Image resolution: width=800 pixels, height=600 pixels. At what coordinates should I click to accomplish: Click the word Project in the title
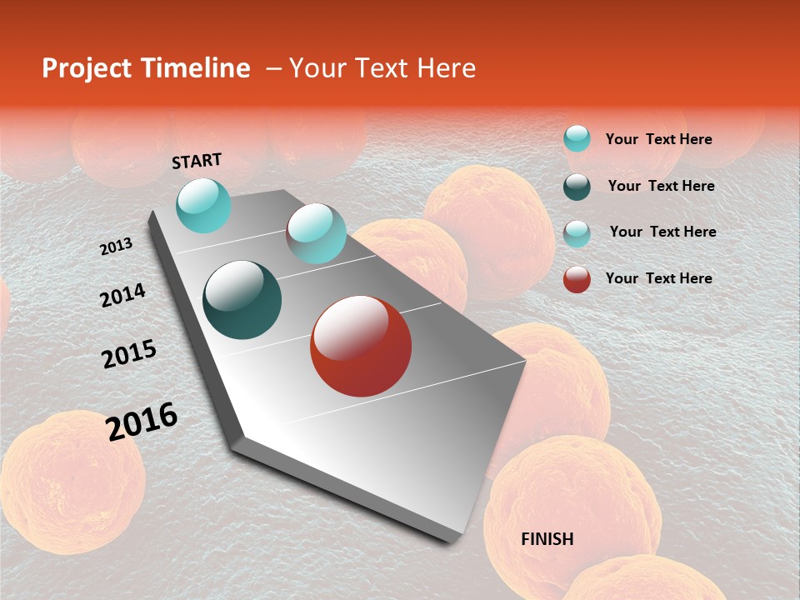pos(84,68)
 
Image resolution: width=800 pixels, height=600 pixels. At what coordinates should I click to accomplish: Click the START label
pos(197,161)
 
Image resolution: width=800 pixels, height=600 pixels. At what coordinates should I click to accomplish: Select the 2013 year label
pos(116,247)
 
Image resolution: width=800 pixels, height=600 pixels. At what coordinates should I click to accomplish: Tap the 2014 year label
pos(122,295)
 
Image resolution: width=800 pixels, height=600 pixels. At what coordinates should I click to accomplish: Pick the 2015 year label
pos(129,354)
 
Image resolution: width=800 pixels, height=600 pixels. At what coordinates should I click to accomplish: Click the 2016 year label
pos(142,421)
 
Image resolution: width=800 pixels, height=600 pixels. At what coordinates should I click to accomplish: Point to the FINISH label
pos(547,539)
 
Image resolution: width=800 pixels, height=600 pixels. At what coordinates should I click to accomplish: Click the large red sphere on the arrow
pos(361,346)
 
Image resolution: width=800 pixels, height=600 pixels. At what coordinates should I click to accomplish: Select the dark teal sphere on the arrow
pos(242,300)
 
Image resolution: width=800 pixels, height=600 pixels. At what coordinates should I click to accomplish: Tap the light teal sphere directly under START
pos(203,205)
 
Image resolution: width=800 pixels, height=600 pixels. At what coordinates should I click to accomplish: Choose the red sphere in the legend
pos(577,279)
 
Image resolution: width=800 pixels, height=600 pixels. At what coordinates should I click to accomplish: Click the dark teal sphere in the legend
pos(577,187)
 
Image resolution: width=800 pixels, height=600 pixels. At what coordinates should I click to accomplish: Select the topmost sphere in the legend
pos(577,138)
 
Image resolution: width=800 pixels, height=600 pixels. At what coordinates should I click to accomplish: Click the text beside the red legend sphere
pos(658,278)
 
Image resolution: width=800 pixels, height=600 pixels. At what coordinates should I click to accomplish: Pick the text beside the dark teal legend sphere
pos(661,186)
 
